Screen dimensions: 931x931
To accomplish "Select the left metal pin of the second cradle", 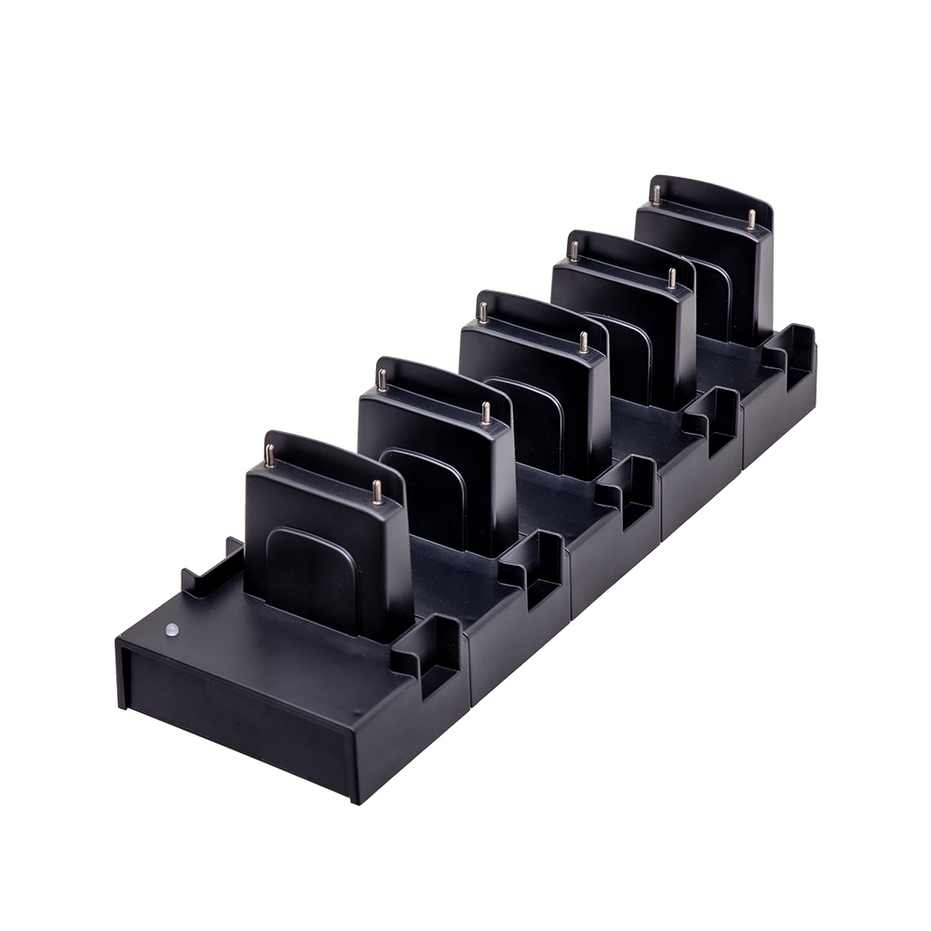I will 382,379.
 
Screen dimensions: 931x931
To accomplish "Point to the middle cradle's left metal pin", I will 484,309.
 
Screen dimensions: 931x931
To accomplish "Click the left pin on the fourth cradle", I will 575,249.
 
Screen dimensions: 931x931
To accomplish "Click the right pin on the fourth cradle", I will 669,278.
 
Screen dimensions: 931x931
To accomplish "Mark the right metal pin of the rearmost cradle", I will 751,220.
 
